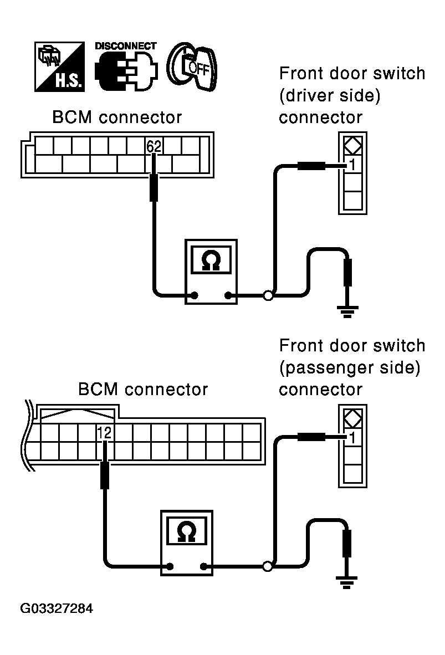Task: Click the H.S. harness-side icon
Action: coord(59,67)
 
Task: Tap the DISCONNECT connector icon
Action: coord(126,67)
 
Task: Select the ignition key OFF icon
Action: coord(192,67)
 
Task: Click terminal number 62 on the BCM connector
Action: coord(154,146)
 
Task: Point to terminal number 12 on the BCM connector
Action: coord(104,433)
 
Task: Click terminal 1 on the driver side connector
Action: coord(352,165)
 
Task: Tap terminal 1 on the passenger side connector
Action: coord(352,438)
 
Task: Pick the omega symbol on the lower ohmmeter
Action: coord(187,533)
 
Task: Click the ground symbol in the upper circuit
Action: coord(347,312)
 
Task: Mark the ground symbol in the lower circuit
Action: coord(347,582)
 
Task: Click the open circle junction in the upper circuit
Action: coord(268,296)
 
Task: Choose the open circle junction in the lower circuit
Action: coord(268,567)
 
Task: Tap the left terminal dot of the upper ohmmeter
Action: coord(195,296)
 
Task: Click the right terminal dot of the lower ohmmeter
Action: coord(204,567)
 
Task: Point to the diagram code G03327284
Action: coord(57,608)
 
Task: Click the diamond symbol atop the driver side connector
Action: coord(352,146)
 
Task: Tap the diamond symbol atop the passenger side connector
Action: coord(352,418)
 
